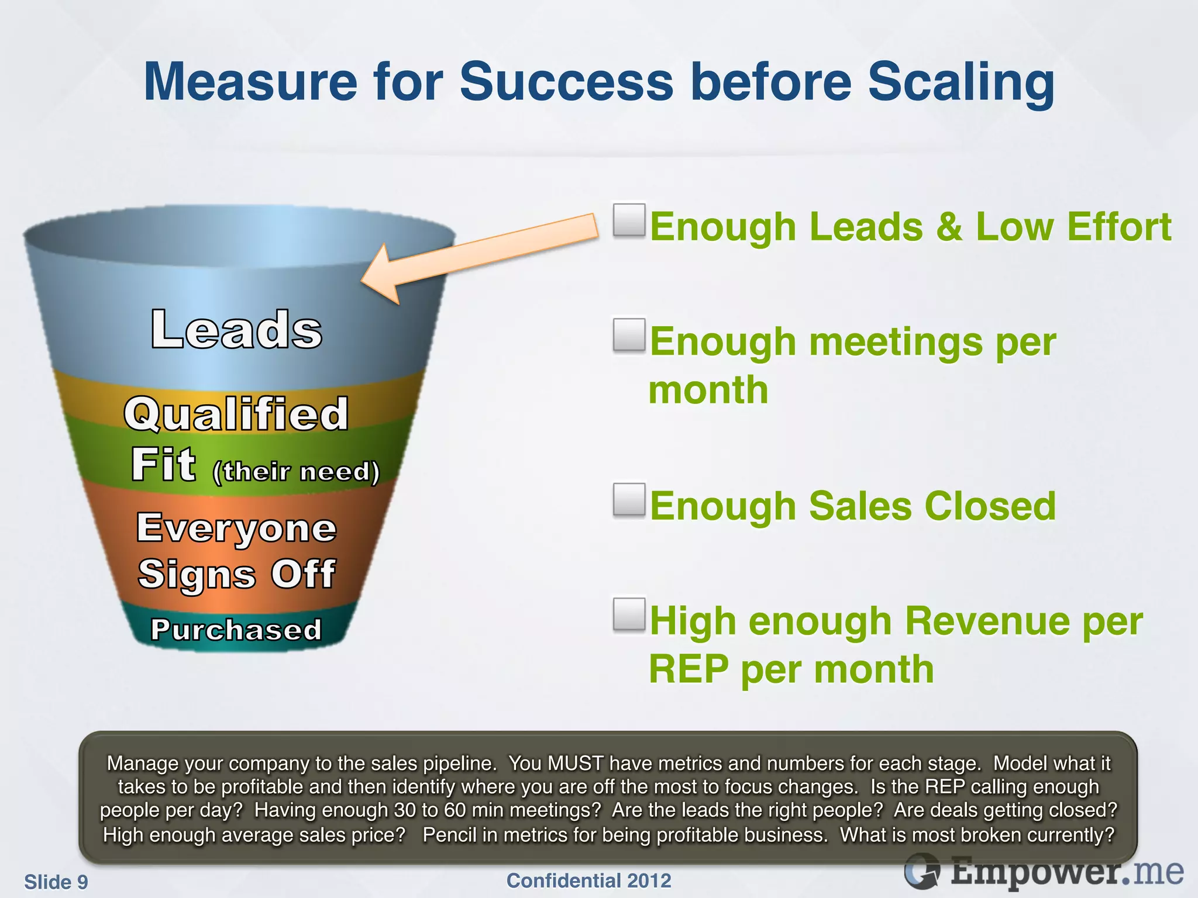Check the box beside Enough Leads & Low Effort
(629, 220)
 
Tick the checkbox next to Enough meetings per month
(629, 335)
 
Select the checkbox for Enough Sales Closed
(629, 500)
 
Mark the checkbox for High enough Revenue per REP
(629, 614)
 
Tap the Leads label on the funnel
(236, 329)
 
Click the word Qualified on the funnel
(236, 413)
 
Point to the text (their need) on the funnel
(296, 471)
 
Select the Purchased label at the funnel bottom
(236, 630)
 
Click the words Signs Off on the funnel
(236, 574)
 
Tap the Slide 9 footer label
(56, 882)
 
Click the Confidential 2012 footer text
(588, 880)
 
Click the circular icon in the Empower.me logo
(922, 872)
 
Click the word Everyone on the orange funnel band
(236, 527)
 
